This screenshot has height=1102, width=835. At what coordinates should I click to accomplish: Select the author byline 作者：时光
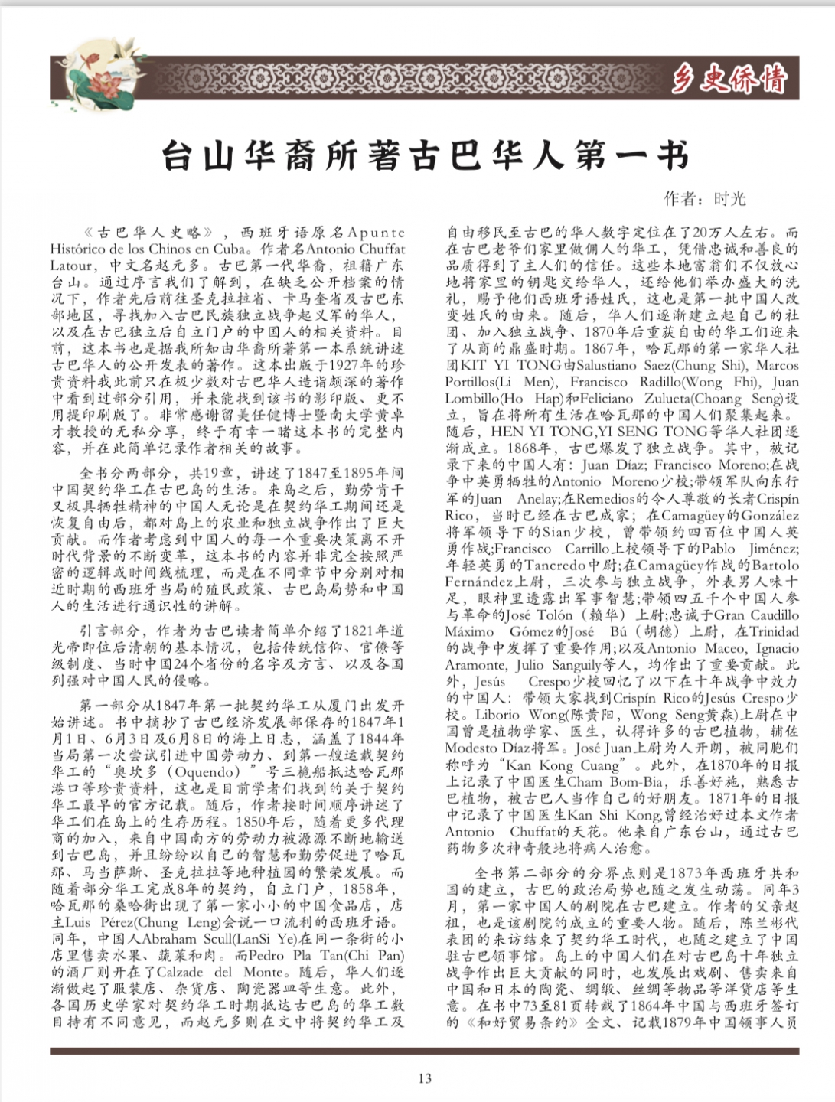point(704,199)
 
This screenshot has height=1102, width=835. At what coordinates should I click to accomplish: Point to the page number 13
point(425,1078)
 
